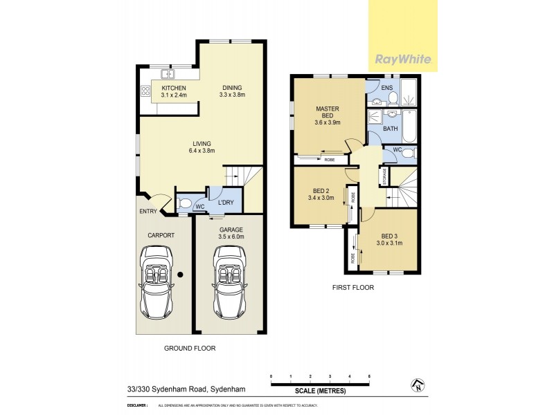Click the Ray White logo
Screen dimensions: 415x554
pos(403,59)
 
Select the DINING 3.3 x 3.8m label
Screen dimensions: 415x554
pos(232,91)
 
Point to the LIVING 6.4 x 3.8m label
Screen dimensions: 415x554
pos(202,147)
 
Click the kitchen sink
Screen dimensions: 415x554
pos(167,74)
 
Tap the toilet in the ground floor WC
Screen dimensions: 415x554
pos(185,203)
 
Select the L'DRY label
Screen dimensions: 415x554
pos(226,203)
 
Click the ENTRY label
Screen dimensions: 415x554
pos(148,212)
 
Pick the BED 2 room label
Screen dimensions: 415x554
pos(321,194)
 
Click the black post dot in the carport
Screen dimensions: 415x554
pos(179,275)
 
